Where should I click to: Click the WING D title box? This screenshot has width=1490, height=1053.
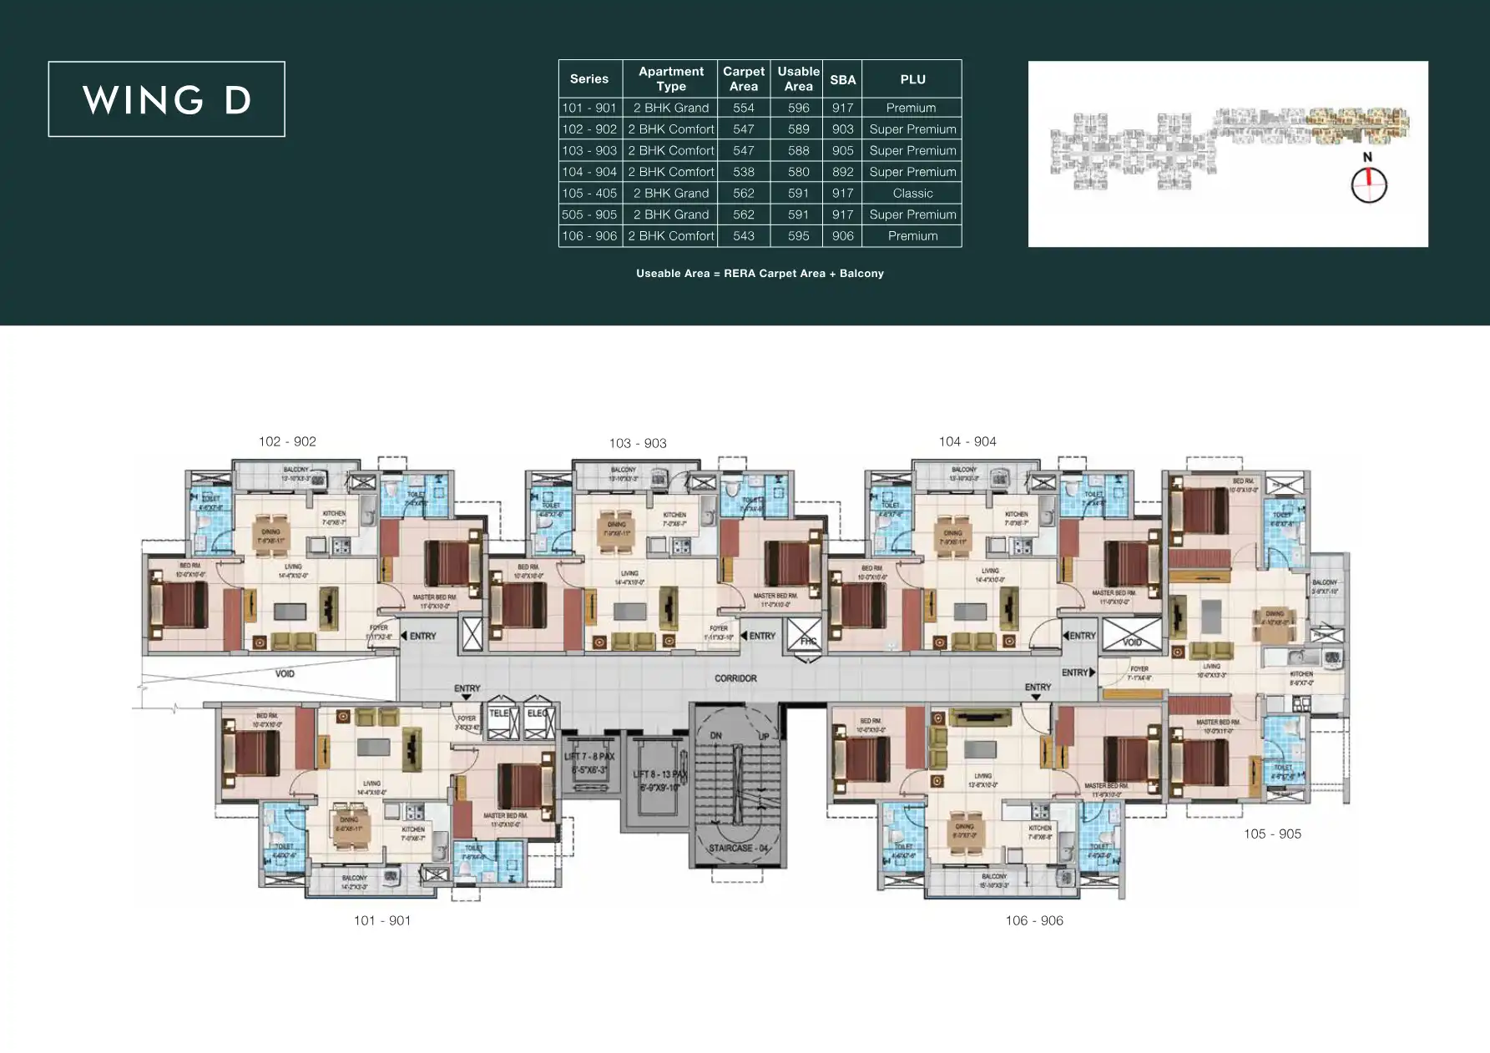(x=166, y=99)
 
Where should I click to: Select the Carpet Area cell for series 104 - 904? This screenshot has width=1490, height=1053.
(x=743, y=172)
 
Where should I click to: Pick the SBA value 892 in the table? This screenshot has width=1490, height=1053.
(x=842, y=172)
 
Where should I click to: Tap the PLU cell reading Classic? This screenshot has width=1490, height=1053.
(x=912, y=193)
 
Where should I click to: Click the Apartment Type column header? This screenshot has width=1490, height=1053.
(x=670, y=78)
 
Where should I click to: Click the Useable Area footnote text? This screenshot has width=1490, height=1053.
(x=760, y=274)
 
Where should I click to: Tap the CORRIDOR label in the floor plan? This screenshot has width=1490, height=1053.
(x=735, y=678)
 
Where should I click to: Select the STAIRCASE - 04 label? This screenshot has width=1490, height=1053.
(x=738, y=848)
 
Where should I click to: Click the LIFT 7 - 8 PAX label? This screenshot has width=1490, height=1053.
(x=589, y=757)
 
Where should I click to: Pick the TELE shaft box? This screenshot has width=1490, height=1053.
(x=500, y=721)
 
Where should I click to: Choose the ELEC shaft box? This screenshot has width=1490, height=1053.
(x=538, y=721)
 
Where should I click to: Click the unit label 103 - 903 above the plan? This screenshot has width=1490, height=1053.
(x=638, y=443)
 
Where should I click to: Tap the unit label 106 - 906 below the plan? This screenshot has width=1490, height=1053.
(x=1034, y=920)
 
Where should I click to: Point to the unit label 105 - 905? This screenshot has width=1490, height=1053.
(x=1272, y=834)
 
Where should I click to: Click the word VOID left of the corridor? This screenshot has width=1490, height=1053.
(x=285, y=673)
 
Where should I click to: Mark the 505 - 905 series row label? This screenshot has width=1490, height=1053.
(x=589, y=214)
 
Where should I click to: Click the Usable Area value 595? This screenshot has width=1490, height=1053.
(x=798, y=236)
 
